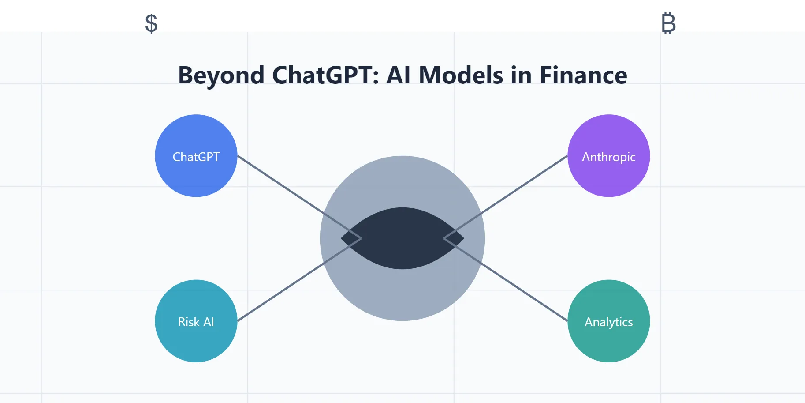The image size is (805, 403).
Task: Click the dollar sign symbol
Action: click(x=151, y=23)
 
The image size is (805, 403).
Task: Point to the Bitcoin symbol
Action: click(x=668, y=23)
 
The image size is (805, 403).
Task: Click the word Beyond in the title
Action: click(x=221, y=75)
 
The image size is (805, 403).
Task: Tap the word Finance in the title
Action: click(x=583, y=75)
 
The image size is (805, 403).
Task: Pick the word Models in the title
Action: click(x=461, y=75)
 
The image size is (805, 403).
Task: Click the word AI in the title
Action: click(x=399, y=75)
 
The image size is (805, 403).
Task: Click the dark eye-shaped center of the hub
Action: click(x=402, y=238)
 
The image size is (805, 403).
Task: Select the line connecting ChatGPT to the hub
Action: click(x=282, y=185)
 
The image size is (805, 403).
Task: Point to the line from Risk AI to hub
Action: click(x=282, y=291)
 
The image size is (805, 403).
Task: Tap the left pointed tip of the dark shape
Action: click(x=343, y=238)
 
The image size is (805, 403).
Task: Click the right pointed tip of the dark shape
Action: click(x=462, y=238)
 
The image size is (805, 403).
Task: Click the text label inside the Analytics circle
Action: click(x=608, y=322)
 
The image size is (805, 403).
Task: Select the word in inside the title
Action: click(x=521, y=75)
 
